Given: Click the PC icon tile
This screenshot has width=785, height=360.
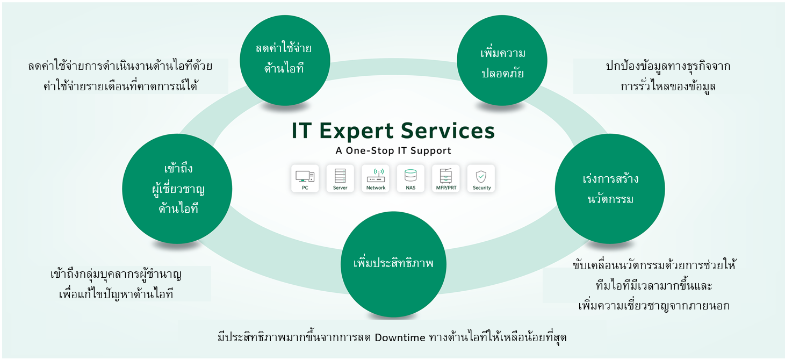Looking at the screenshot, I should click(305, 178).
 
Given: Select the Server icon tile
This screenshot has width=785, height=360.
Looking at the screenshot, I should click(340, 178).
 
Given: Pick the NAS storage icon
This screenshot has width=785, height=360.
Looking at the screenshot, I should click(410, 178).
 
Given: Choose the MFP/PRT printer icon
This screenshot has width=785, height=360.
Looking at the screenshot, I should click(446, 178).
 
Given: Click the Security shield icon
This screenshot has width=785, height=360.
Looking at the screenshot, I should click(481, 178).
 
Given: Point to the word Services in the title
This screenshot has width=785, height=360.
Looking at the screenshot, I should click(454, 131).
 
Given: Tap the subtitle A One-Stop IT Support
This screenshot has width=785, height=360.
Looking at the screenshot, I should click(393, 151).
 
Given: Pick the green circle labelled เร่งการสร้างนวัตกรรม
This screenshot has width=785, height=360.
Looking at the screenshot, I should click(609, 189).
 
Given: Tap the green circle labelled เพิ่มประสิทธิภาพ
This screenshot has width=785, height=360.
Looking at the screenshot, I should click(394, 264).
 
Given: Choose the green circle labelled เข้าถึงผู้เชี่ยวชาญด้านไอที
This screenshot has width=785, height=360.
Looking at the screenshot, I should click(178, 189).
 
